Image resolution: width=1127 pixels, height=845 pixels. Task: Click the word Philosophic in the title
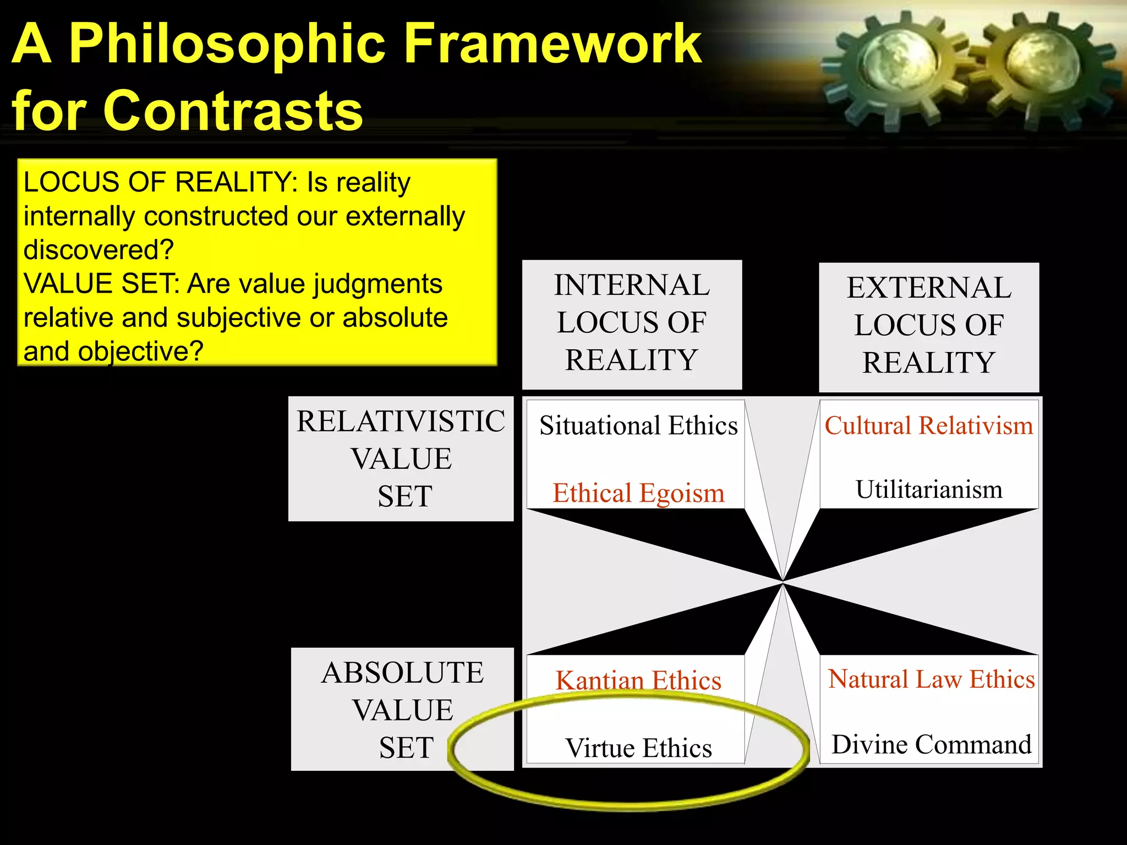(227, 45)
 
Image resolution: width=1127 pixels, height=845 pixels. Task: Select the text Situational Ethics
(638, 426)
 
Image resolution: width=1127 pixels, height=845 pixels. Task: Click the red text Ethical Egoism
(638, 493)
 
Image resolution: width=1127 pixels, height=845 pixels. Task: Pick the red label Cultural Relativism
(929, 426)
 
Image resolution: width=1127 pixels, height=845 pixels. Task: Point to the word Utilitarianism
(929, 490)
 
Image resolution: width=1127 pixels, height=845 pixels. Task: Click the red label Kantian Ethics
(638, 681)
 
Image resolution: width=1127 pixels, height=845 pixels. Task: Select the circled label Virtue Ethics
(638, 748)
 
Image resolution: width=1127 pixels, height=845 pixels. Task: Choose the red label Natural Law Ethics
(931, 679)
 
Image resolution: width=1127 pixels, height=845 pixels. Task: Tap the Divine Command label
(931, 745)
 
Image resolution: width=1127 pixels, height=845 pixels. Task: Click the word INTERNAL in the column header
(632, 286)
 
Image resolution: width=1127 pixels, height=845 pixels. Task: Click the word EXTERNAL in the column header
(929, 288)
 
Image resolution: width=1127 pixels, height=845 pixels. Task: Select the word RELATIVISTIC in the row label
(401, 422)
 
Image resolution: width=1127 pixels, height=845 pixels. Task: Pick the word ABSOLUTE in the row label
(403, 673)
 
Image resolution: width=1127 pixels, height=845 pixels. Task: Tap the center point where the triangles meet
(783, 581)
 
